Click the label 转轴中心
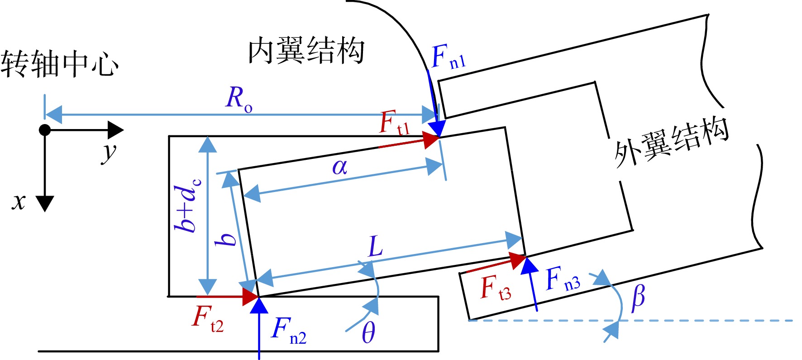(x=60, y=64)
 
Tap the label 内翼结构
(x=306, y=50)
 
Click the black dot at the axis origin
(x=44, y=130)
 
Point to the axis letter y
(x=109, y=152)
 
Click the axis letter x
(x=19, y=202)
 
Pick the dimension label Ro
(x=239, y=98)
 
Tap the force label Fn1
(x=449, y=57)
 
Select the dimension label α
(x=340, y=168)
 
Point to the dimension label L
(x=376, y=246)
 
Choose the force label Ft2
(x=208, y=319)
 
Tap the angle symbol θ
(x=368, y=333)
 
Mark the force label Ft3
(x=496, y=288)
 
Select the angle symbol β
(x=638, y=298)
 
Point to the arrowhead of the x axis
(x=44, y=204)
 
